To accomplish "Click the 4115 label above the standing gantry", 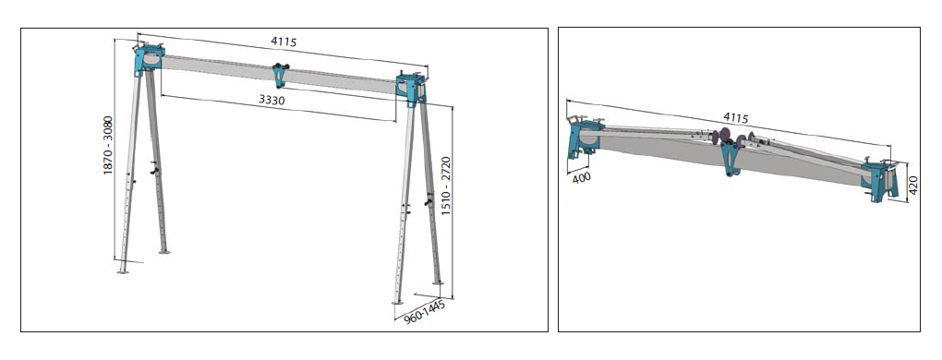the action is pyautogui.click(x=284, y=42).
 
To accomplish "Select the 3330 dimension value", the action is pyautogui.click(x=272, y=101).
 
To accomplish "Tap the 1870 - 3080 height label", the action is pyautogui.click(x=108, y=145).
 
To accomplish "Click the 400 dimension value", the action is pyautogui.click(x=581, y=177).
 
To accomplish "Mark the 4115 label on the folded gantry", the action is pyautogui.click(x=736, y=117).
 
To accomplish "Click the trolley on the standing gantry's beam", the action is pyautogui.click(x=280, y=75).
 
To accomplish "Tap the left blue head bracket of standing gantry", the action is pyautogui.click(x=148, y=59).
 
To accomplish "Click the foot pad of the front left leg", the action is pyautogui.click(x=123, y=271).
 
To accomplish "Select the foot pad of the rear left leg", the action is pyautogui.click(x=164, y=252).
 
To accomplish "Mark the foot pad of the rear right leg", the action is pyautogui.click(x=438, y=283).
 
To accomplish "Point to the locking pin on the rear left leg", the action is pyautogui.click(x=156, y=172).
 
